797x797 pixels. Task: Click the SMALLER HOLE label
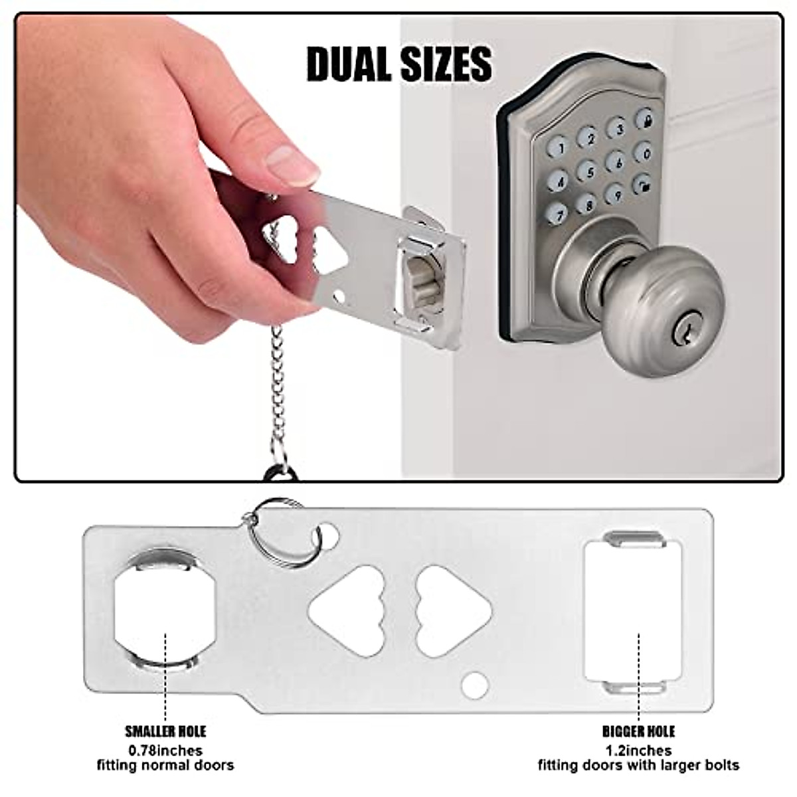165,732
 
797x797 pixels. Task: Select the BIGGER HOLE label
638,732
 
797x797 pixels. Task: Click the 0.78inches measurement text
165,751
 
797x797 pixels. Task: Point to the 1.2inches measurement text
638,751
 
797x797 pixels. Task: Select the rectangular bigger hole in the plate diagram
633,612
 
